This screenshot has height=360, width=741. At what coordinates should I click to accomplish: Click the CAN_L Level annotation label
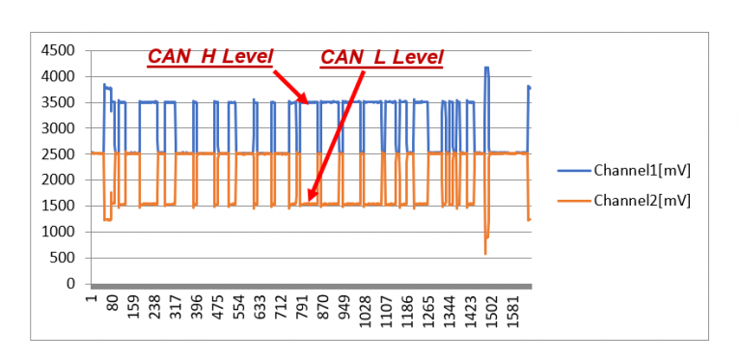[x=381, y=58]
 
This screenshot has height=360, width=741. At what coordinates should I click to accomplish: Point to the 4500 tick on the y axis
[x=58, y=50]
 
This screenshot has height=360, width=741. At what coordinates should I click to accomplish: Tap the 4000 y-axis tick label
[x=58, y=76]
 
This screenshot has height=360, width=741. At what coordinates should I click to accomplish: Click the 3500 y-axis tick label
[x=58, y=102]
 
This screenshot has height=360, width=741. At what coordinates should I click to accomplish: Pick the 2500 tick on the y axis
[x=58, y=154]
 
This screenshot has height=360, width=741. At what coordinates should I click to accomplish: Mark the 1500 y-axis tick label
[x=58, y=206]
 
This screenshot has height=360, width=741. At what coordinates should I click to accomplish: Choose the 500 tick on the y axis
[x=62, y=258]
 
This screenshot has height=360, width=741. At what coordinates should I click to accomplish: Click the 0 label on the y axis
[x=70, y=284]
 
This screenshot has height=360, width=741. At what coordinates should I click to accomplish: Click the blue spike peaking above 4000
[x=486, y=69]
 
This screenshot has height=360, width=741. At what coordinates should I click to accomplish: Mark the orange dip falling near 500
[x=485, y=252]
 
